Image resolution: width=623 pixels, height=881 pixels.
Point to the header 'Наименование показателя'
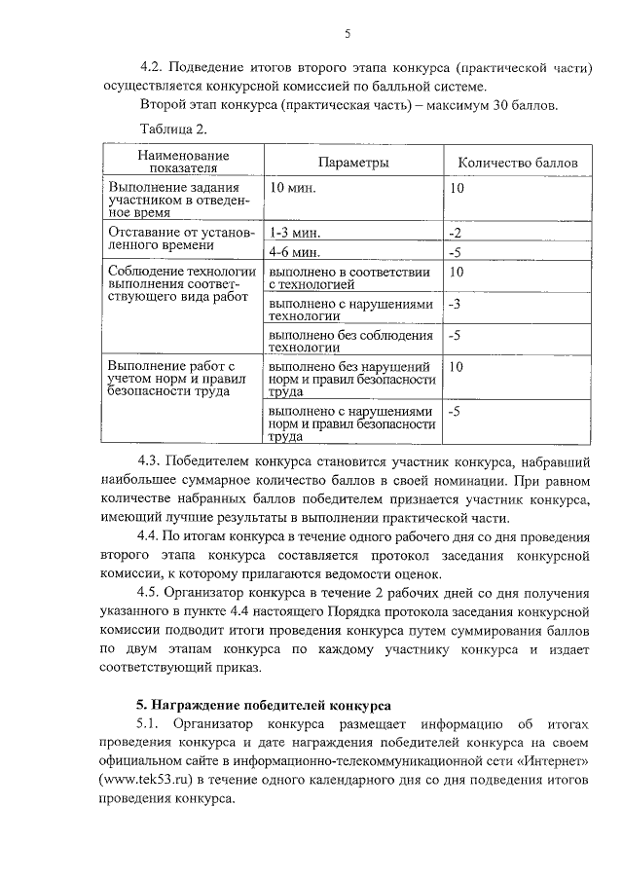click(x=183, y=162)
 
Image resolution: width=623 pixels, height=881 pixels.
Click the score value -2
click(x=455, y=234)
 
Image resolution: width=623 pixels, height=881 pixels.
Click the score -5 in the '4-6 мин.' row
click(x=455, y=252)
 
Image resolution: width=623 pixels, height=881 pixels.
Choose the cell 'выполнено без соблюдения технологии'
click(x=350, y=341)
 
